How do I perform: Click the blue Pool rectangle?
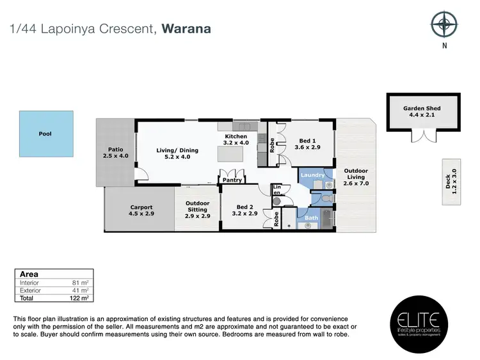(x=45, y=134)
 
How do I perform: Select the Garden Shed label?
(x=421, y=109)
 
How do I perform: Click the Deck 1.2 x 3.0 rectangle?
(x=451, y=181)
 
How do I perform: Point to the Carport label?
(x=141, y=207)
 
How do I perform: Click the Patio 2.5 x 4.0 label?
(x=116, y=152)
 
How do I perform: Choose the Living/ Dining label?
(x=177, y=151)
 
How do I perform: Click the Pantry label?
(x=232, y=180)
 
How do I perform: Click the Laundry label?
(x=313, y=175)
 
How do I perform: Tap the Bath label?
(x=311, y=218)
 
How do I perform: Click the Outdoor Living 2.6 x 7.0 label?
(x=356, y=177)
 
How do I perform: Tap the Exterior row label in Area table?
(x=30, y=290)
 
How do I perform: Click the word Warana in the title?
(x=186, y=29)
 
